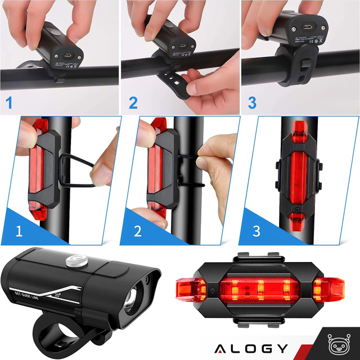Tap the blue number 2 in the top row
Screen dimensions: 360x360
click(x=133, y=103)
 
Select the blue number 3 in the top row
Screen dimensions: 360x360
click(x=253, y=103)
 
